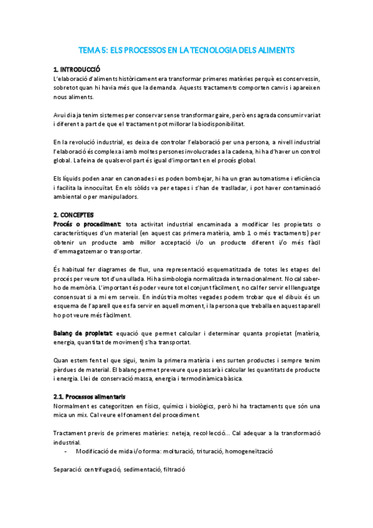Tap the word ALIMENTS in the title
click(274, 49)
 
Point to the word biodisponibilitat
click(210, 125)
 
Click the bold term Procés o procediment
click(87, 225)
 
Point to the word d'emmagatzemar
click(80, 252)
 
